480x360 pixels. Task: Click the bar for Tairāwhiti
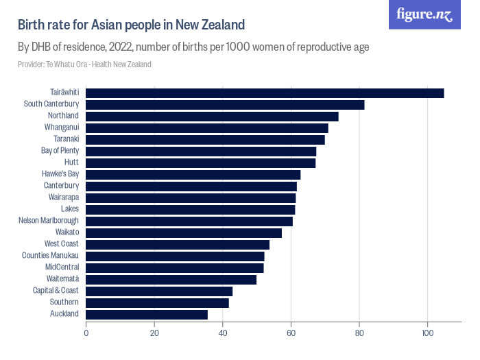[265, 93]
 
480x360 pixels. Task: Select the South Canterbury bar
[225, 104]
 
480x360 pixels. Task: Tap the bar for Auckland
[147, 314]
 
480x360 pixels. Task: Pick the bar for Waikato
[184, 232]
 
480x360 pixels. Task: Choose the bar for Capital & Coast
[159, 291]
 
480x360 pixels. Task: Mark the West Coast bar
[178, 244]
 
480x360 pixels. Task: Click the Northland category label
[63, 116]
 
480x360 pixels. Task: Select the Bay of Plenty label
[60, 151]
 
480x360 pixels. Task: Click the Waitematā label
[62, 279]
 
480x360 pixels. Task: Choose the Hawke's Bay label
[60, 174]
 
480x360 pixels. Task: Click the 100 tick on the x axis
[428, 334]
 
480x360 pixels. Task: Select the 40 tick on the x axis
[223, 334]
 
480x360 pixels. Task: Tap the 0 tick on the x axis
[86, 334]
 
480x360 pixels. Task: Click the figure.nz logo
[424, 15]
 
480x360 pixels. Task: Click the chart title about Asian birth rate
[131, 25]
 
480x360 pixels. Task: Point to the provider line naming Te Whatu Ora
[84, 64]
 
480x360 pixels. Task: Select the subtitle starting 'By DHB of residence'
[193, 47]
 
